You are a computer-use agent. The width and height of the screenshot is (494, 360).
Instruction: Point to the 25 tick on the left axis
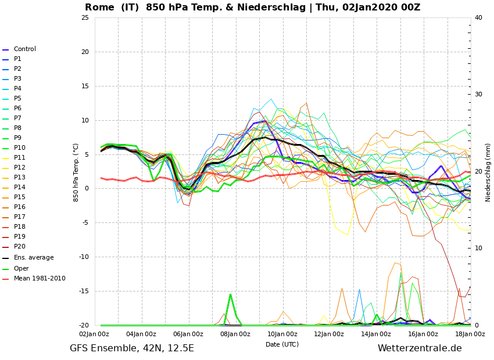click(x=85, y=17)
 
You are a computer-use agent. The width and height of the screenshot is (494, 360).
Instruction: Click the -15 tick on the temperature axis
click(x=84, y=291)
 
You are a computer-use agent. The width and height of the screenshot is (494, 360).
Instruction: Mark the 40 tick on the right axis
click(x=478, y=17)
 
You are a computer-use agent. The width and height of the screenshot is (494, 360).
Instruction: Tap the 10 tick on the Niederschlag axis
click(x=478, y=249)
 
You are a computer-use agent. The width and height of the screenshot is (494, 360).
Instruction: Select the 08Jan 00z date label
click(x=235, y=334)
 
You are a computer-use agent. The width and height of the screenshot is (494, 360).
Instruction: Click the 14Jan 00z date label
click(x=376, y=334)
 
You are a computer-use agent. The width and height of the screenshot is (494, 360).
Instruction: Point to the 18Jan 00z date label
click(x=470, y=334)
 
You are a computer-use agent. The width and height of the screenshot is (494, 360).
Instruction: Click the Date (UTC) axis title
click(x=282, y=344)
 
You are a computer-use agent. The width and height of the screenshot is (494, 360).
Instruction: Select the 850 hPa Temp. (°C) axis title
click(x=76, y=173)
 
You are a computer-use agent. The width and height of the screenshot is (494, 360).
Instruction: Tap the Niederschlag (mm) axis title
click(x=488, y=173)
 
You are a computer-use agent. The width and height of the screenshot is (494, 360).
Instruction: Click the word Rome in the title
click(x=99, y=7)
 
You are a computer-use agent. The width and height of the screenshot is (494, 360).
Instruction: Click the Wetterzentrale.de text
click(x=420, y=348)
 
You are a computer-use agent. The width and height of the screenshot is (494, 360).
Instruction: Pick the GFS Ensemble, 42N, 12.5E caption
click(x=132, y=348)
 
